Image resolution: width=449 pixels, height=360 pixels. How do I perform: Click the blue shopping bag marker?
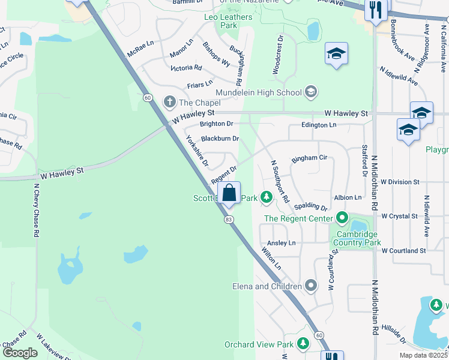(x=229, y=194)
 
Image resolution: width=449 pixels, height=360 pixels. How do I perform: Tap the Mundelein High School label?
(x=266, y=92)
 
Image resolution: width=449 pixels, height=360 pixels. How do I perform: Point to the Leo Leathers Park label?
(x=228, y=22)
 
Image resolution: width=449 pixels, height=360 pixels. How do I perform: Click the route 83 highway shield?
(x=229, y=220)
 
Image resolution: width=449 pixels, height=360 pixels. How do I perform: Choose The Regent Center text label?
(x=298, y=218)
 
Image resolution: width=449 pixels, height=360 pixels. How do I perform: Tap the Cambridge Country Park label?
(x=358, y=238)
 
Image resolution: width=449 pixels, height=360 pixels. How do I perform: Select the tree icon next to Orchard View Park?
(x=304, y=344)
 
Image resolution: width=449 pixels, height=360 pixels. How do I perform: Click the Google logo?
(x=20, y=353)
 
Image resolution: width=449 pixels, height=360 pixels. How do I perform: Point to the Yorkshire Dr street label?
(x=197, y=151)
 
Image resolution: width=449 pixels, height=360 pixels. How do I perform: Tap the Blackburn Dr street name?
(x=220, y=139)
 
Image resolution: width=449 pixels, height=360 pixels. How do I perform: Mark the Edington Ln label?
(x=312, y=125)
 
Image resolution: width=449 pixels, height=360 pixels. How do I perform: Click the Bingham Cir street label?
(x=309, y=158)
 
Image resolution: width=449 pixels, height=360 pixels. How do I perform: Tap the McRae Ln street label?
(x=140, y=49)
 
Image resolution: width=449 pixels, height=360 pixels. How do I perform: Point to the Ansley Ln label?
(x=282, y=243)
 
